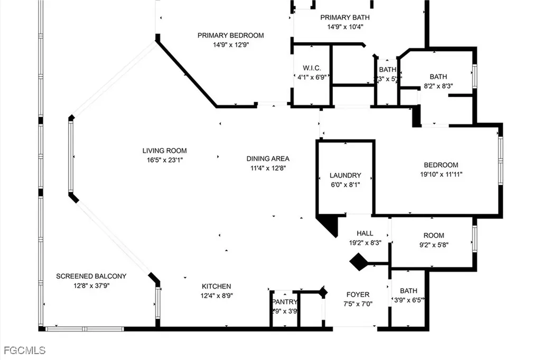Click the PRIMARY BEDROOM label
click(230, 35)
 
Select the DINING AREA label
click(268, 158)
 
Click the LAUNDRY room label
click(345, 175)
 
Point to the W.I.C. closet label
click(312, 68)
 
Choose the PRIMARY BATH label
click(342, 17)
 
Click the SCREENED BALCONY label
click(91, 276)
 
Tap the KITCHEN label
click(216, 287)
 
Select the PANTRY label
click(285, 302)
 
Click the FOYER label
click(358, 295)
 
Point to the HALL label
click(365, 233)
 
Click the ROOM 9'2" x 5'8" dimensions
click(434, 244)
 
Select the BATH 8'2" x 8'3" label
click(438, 77)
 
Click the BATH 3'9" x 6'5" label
click(408, 291)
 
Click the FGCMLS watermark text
click(24, 350)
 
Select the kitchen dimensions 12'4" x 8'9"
click(216, 296)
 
